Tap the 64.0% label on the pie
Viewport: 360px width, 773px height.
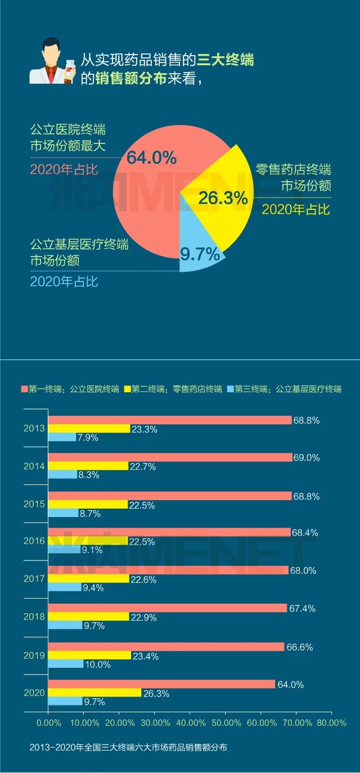[x=151, y=158]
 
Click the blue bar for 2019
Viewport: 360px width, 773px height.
[x=65, y=664]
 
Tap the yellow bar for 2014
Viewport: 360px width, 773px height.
[x=88, y=466]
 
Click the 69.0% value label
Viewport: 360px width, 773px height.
[x=306, y=458]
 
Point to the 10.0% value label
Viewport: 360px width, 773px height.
[x=97, y=664]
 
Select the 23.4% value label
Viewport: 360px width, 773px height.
[x=145, y=656]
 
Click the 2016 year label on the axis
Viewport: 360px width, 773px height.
[x=34, y=541]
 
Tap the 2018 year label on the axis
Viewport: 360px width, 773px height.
[x=34, y=617]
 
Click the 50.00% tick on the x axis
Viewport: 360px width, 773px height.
[x=225, y=722]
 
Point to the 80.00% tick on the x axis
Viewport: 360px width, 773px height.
[x=331, y=722]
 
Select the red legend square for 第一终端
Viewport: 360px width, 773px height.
[x=24, y=389]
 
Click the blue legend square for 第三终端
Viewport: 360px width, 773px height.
[x=231, y=389]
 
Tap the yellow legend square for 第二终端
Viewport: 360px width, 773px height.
[x=127, y=389]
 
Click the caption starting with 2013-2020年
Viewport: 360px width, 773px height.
[x=129, y=748]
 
